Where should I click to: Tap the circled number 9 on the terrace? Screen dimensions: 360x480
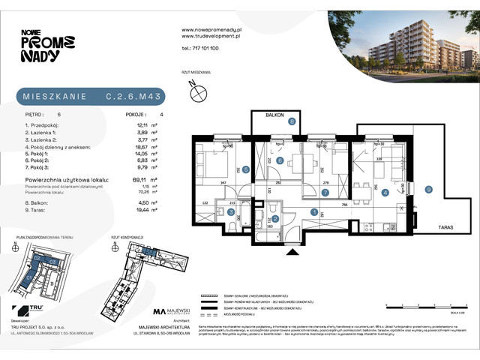[427, 189]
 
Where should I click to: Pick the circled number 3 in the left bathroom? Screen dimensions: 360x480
[231, 212]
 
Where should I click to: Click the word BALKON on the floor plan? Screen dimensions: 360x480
[263, 114]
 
